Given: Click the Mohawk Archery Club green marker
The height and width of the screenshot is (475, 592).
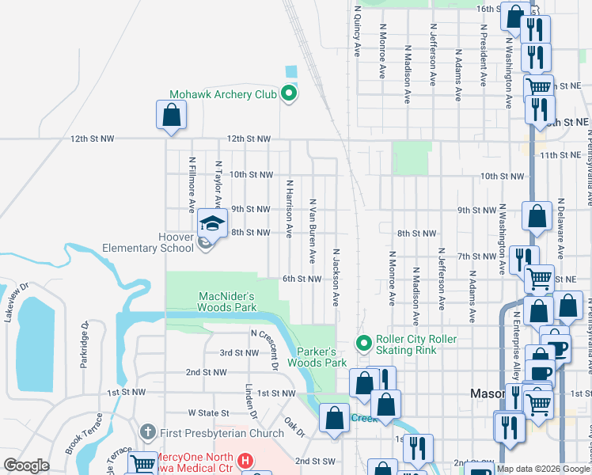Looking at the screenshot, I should (x=289, y=94).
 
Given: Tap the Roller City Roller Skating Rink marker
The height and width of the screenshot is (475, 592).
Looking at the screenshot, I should (x=364, y=343).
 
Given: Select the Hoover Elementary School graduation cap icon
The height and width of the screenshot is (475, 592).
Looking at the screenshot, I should (x=212, y=225).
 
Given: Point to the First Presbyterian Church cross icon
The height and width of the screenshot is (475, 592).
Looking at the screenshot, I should (x=146, y=432).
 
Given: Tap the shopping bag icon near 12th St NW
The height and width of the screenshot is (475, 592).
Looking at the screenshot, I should (x=172, y=115).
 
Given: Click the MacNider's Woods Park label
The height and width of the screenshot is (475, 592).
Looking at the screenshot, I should (x=228, y=301).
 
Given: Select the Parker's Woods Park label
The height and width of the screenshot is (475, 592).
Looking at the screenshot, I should (x=321, y=357).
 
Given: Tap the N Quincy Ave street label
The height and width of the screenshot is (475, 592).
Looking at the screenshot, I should (x=358, y=31).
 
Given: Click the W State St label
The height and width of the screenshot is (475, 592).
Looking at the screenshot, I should (x=208, y=412).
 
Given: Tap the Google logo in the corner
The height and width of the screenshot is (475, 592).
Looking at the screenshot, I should (x=26, y=465).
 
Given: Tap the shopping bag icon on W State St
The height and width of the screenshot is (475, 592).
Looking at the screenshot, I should (x=335, y=417).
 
